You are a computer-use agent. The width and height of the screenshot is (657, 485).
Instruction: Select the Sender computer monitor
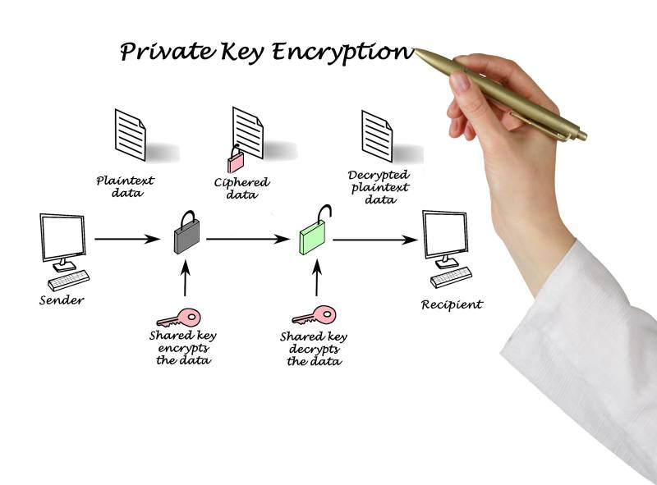tap(62, 236)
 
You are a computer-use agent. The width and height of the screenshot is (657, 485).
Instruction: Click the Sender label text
tap(62, 300)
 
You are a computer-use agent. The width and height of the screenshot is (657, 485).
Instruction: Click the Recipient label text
tap(452, 304)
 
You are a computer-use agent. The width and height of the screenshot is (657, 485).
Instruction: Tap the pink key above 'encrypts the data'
tap(178, 317)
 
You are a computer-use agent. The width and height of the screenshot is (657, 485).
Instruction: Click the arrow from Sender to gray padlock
tap(126, 240)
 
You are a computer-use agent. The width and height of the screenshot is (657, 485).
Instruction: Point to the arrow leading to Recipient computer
tap(374, 240)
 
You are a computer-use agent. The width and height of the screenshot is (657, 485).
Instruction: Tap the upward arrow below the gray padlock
tap(185, 279)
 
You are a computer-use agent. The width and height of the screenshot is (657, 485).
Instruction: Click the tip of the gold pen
tap(416, 51)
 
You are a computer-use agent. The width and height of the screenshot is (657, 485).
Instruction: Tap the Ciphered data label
tap(241, 189)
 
